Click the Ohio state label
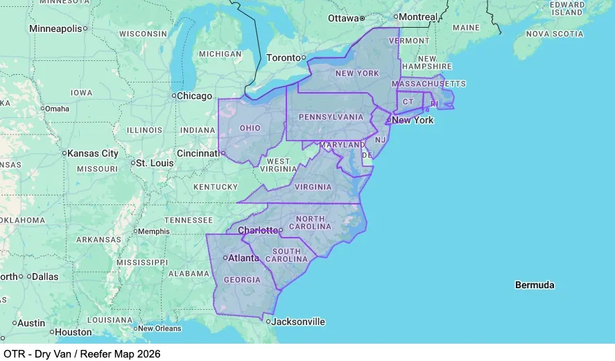pyautogui.click(x=250, y=128)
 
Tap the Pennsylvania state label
pyautogui.click(x=331, y=117)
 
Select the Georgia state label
pyautogui.click(x=242, y=280)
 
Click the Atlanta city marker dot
pyautogui.click(x=225, y=258)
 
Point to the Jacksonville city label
pyautogui.click(x=298, y=322)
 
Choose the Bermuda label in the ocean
pyautogui.click(x=534, y=285)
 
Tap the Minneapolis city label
pyautogui.click(x=55, y=28)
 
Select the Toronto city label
pyautogui.click(x=283, y=58)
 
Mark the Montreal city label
pyautogui.click(x=419, y=17)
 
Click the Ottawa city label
pyautogui.click(x=343, y=17)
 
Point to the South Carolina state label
pyautogui.click(x=286, y=255)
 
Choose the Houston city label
pyautogui.click(x=73, y=332)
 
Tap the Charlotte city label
pyautogui.click(x=257, y=230)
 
